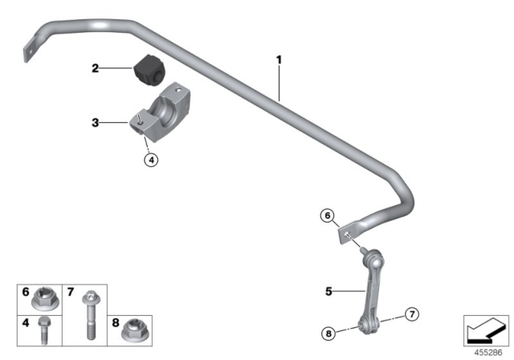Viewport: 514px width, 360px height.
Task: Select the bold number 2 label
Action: coord(96,69)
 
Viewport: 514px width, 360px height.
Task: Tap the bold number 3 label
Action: coord(96,123)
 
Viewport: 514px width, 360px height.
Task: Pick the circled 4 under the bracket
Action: coord(152,159)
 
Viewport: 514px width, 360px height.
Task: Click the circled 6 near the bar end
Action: coord(326,215)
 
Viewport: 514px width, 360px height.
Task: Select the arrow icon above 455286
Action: coord(487,329)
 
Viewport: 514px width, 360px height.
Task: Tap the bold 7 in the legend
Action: coord(71,291)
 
